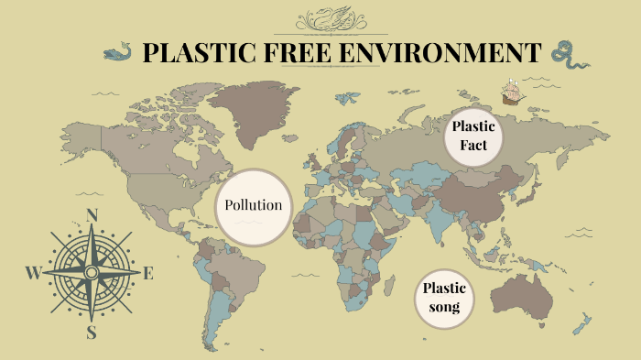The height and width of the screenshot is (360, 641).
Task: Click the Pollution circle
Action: click(x=254, y=206)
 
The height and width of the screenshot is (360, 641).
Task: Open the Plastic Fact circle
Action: click(x=473, y=136)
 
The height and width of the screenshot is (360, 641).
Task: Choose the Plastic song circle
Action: click(x=444, y=298)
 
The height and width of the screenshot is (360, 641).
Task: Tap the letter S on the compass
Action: click(x=92, y=333)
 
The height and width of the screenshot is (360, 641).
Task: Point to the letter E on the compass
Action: click(x=148, y=273)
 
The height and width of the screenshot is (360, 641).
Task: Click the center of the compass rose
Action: click(x=92, y=273)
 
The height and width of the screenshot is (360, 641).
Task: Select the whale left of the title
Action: click(x=118, y=52)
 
